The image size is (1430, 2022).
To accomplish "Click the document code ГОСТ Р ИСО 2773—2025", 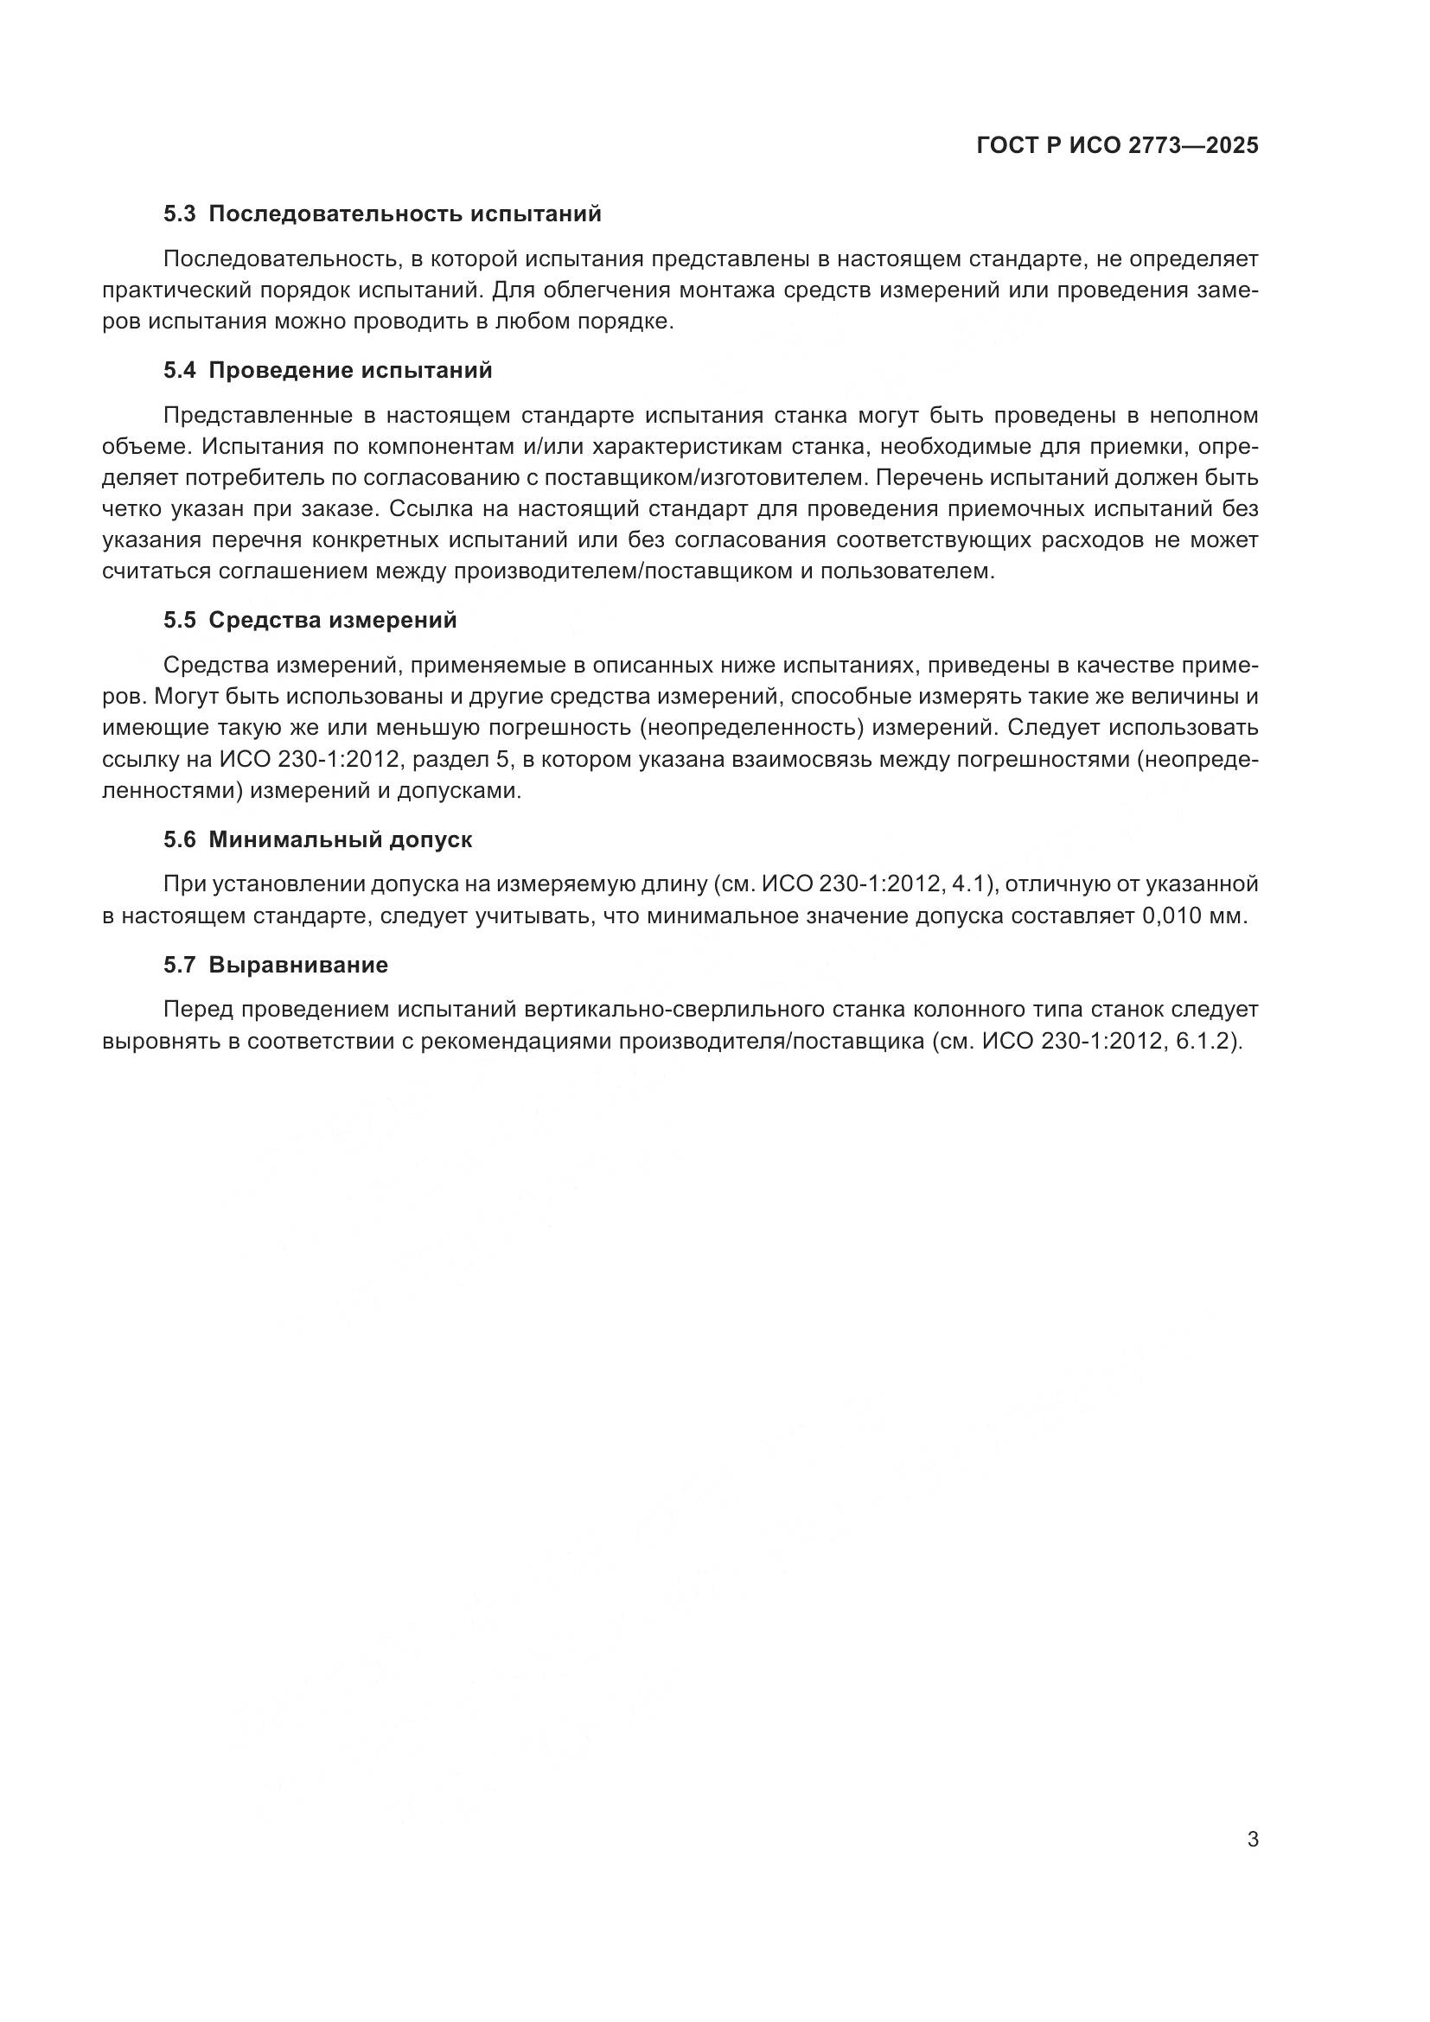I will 1117,146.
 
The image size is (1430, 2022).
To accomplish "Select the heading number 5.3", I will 180,214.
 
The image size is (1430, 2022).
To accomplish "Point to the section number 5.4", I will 180,371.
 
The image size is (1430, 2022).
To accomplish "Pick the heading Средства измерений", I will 333,621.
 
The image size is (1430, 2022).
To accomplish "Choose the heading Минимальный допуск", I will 340,840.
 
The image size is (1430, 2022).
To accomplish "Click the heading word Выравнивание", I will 298,966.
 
